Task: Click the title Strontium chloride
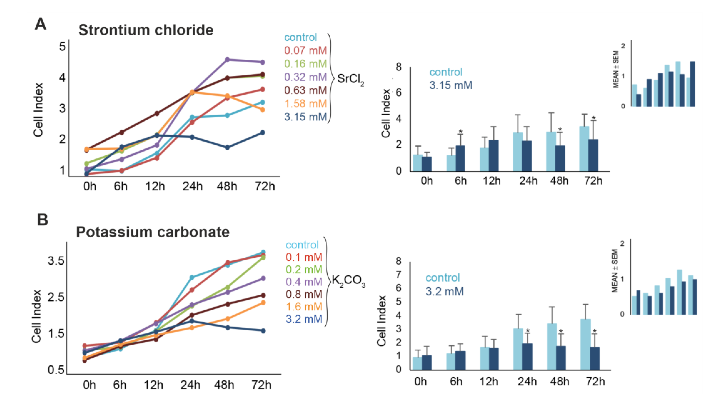point(146,30)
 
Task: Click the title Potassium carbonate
point(153,232)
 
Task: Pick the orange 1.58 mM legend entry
point(305,104)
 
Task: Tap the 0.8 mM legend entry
point(304,294)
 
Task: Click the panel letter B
point(43,220)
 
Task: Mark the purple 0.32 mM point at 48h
point(227,59)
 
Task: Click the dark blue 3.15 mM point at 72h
point(262,133)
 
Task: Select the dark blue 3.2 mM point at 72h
point(263,331)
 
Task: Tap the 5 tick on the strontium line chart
point(62,46)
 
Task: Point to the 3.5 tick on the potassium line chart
point(56,261)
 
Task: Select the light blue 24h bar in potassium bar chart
point(518,349)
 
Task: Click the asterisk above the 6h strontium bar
point(461,132)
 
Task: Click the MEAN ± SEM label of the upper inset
point(616,69)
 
